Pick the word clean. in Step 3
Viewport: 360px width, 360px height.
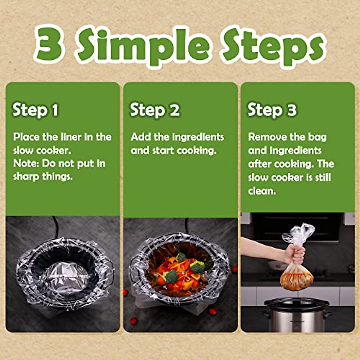point(262,191)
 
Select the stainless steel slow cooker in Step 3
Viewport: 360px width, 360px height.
point(297,315)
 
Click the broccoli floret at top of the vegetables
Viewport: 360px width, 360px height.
point(181,257)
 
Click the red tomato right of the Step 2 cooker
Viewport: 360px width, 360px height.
point(234,269)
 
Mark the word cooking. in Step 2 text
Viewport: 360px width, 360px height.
point(196,150)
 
